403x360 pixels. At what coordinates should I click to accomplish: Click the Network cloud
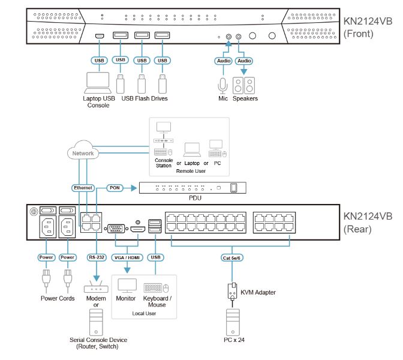pyautogui.click(x=83, y=153)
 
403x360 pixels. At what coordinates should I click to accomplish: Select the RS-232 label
pyautogui.click(x=95, y=257)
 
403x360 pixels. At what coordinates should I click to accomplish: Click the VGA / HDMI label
pyautogui.click(x=127, y=257)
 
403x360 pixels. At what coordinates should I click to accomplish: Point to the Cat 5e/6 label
pyautogui.click(x=233, y=257)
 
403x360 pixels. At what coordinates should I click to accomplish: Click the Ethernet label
pyautogui.click(x=83, y=188)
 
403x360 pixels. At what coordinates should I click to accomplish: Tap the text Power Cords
pyautogui.click(x=58, y=298)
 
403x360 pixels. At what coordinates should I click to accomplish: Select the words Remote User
pyautogui.click(x=190, y=171)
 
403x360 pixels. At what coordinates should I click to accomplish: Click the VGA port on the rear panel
pyautogui.click(x=116, y=228)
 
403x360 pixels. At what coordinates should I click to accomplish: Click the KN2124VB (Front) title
pyautogui.click(x=367, y=28)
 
